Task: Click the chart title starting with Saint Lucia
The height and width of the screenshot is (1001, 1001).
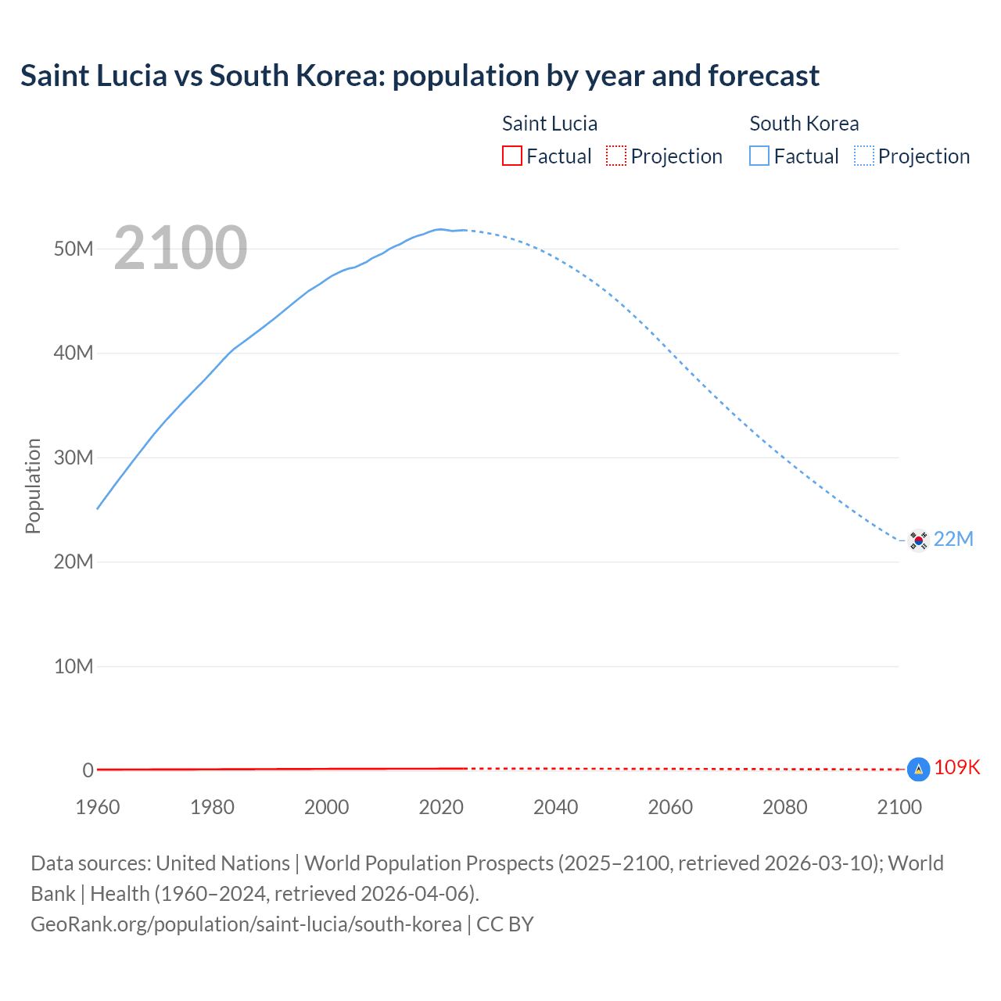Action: [x=420, y=76]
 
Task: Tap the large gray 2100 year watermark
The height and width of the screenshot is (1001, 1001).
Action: [x=181, y=248]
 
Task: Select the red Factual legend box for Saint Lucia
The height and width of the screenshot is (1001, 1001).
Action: [x=512, y=156]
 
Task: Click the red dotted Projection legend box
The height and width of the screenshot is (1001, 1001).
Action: [x=616, y=156]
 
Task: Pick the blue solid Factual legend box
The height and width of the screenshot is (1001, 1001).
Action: [x=759, y=156]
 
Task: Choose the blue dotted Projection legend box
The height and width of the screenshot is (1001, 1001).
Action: [x=864, y=156]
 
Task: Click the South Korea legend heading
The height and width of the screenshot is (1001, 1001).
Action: [x=804, y=124]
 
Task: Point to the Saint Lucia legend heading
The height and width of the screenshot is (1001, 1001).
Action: [x=550, y=124]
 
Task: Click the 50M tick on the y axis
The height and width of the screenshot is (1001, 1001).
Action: [x=74, y=249]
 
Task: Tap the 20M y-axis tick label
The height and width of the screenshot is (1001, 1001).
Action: [x=74, y=561]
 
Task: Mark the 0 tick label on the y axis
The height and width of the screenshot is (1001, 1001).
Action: [x=88, y=770]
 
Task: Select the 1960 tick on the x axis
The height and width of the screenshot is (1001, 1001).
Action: [x=98, y=807]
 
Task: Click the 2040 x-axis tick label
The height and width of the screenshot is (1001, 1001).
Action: [x=556, y=807]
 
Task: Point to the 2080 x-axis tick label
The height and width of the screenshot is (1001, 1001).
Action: [x=785, y=807]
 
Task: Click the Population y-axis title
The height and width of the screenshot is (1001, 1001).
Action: [x=33, y=486]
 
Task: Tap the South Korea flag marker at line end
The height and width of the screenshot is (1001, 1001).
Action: [x=918, y=540]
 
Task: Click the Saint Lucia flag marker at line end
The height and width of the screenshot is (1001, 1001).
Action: [x=918, y=770]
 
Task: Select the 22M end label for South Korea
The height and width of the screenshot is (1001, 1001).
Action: [x=954, y=539]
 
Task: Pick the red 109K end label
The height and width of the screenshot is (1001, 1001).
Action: [x=957, y=767]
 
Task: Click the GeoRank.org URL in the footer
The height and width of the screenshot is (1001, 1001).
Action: [x=246, y=924]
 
